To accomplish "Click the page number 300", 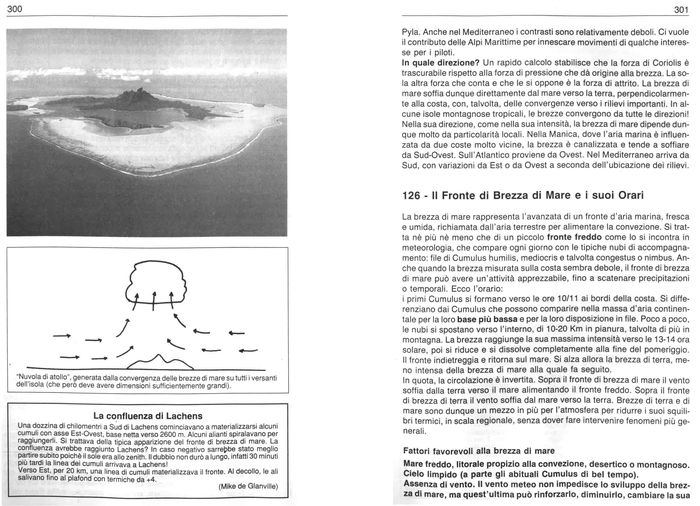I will [x=14, y=10].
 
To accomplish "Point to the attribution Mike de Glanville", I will [x=247, y=485].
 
